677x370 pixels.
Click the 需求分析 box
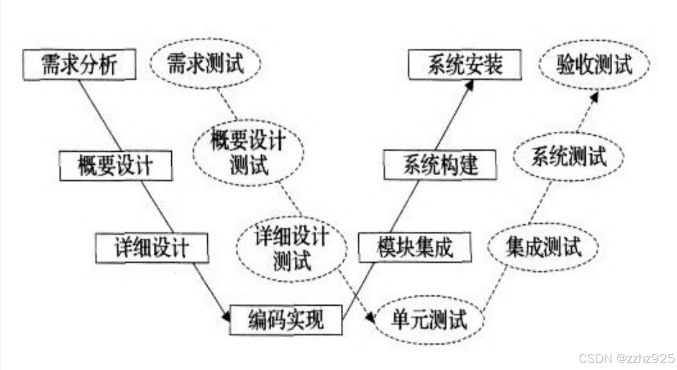click(80, 65)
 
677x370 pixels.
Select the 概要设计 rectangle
click(116, 166)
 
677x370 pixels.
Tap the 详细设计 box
click(151, 248)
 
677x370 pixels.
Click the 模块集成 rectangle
click(414, 247)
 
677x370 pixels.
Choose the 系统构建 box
click(440, 166)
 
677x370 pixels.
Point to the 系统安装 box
click(465, 64)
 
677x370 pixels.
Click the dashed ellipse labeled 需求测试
click(205, 64)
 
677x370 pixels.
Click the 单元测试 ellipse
click(429, 320)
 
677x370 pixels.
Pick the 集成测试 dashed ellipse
click(543, 248)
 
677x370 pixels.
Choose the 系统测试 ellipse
click(569, 157)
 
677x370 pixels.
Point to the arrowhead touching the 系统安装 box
click(470, 85)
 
